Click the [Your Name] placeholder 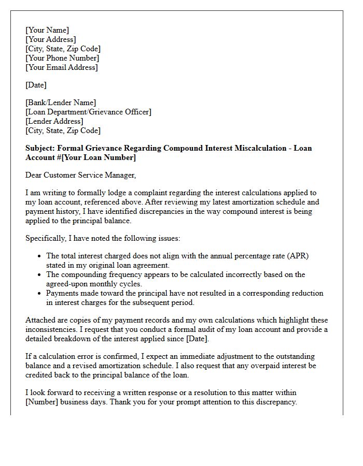[47, 30]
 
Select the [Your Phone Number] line [62, 58]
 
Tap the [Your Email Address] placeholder [61, 67]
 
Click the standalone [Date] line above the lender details [36, 85]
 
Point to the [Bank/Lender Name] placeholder [61, 103]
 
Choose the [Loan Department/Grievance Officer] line [88, 112]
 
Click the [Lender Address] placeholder [54, 121]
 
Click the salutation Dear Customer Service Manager [80, 175]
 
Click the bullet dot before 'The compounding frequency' [40, 275]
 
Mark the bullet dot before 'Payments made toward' [40, 294]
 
